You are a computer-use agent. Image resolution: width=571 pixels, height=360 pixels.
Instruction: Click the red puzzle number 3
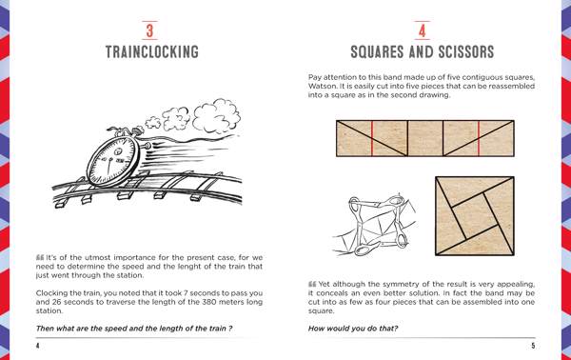tap(149, 30)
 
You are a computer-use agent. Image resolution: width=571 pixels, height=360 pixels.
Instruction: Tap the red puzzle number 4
tap(422, 30)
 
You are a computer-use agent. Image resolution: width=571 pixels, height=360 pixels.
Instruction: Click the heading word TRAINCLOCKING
tap(152, 51)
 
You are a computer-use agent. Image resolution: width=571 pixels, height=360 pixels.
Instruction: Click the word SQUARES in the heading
tap(377, 51)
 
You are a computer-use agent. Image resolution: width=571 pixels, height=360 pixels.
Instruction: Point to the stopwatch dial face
tap(112, 160)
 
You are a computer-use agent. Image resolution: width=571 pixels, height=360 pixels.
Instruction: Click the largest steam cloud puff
tap(217, 115)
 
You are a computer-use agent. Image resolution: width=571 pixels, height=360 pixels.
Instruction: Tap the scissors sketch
tap(375, 225)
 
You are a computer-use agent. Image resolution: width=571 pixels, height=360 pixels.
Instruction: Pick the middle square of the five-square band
tap(425, 138)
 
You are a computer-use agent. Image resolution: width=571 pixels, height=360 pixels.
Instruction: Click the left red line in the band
tap(372, 138)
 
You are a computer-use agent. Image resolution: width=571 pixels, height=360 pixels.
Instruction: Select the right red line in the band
tap(479, 138)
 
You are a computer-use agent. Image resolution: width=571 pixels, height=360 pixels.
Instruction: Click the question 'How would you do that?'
tap(353, 329)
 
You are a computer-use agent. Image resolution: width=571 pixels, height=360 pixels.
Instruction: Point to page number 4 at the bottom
tap(37, 346)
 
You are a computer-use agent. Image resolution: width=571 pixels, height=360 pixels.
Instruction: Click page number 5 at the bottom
tap(533, 346)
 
